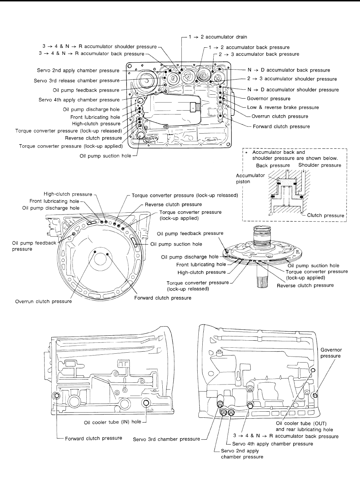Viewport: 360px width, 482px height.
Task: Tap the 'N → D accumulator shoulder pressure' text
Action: [x=294, y=90]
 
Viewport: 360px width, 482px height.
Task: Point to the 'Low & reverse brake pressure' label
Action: [x=283, y=107]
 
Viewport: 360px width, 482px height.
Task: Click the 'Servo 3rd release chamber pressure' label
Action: [x=77, y=81]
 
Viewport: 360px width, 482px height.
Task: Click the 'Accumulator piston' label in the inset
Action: [x=250, y=178]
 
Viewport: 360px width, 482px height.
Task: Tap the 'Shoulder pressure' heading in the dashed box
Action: [x=320, y=165]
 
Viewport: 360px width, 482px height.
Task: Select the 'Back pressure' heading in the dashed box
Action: [x=273, y=165]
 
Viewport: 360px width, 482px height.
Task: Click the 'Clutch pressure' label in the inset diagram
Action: [x=326, y=215]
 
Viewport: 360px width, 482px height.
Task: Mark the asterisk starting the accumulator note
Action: [x=246, y=153]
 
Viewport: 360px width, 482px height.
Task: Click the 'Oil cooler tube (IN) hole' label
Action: [x=112, y=422]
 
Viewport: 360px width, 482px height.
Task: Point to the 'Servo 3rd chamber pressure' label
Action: [x=167, y=439]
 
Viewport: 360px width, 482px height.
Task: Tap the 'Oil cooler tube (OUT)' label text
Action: [x=301, y=423]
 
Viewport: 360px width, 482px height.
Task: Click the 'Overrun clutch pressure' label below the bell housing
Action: [x=43, y=301]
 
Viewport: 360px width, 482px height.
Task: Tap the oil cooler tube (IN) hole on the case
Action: [x=146, y=403]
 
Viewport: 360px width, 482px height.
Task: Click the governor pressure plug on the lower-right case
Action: [x=315, y=395]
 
